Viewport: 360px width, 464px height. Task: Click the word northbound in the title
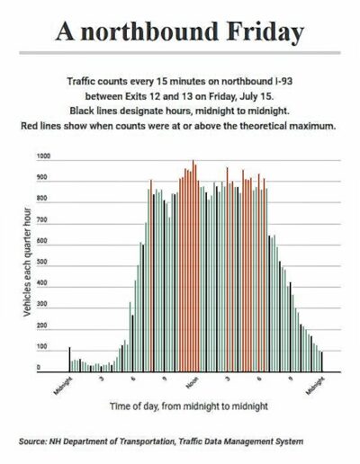pos(149,31)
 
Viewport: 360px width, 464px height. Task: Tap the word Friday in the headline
pos(265,32)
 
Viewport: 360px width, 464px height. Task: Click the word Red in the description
pos(30,126)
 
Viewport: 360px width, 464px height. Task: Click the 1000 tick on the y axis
pos(43,156)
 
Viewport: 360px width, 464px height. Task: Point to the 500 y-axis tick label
pos(41,262)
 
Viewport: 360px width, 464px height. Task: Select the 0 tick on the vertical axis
pos(39,368)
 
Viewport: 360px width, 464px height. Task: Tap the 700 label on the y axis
pos(41,219)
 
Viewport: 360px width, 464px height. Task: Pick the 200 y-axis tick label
pos(41,326)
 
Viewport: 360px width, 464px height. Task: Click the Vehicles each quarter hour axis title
pos(27,262)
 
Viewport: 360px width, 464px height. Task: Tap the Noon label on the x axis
pos(193,383)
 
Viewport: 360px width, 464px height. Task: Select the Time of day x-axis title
pos(189,406)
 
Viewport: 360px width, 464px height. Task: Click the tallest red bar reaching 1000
pos(193,266)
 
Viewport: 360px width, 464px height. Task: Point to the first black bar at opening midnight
pos(69,360)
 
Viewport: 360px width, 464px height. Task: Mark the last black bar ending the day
pos(322,361)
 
